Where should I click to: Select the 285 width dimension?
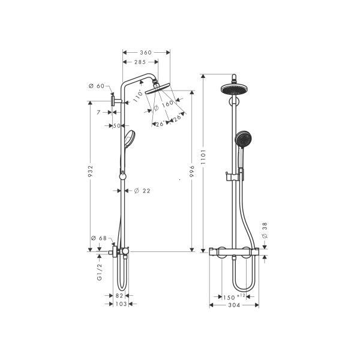click(x=142, y=62)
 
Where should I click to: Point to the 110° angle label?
click(x=139, y=94)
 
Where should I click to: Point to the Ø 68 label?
click(x=98, y=239)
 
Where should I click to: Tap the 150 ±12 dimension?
click(x=231, y=297)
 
